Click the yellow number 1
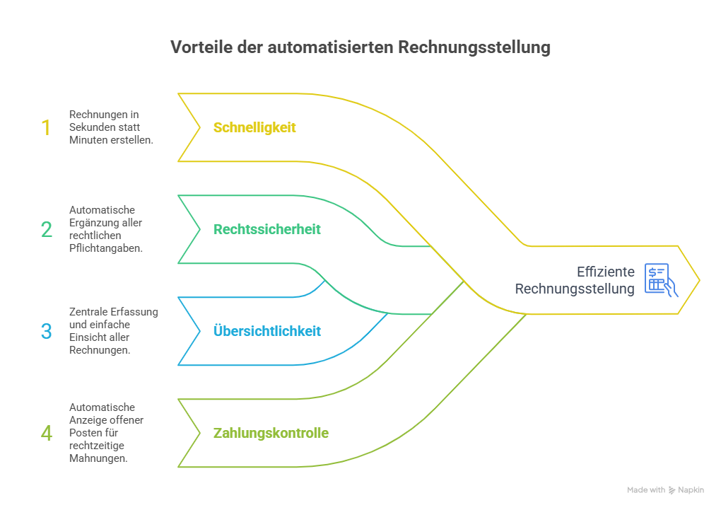46,128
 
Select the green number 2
47,229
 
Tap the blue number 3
47,331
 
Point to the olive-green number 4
47,433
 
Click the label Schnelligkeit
254,128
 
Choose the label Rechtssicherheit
267,229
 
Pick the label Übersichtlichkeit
267,331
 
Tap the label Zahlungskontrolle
271,433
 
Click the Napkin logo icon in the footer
672,489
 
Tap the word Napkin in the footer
691,489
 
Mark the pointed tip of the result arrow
699,281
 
